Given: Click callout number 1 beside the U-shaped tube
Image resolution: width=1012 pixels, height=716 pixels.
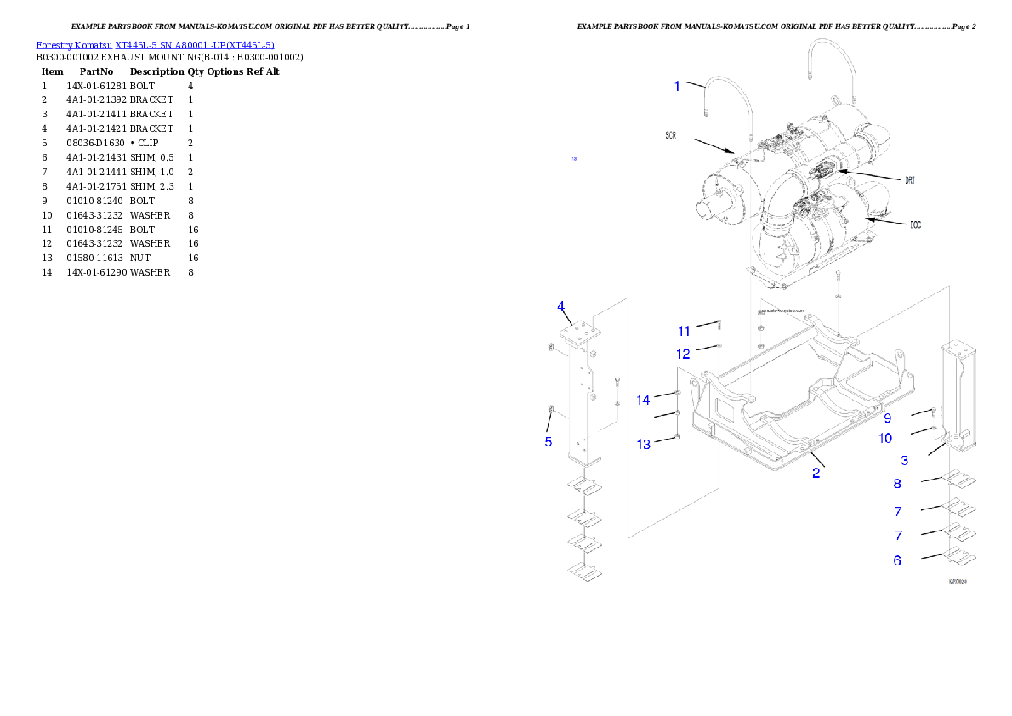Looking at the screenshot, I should tap(677, 86).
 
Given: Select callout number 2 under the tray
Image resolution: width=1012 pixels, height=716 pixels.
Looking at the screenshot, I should tap(816, 473).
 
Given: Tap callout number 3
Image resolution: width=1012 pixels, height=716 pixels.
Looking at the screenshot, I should tap(905, 460).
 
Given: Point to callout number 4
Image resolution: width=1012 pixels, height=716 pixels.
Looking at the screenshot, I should tap(561, 306).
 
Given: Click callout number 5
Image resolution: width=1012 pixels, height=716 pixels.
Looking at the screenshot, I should tap(549, 441).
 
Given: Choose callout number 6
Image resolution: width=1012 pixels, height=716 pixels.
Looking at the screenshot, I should tap(897, 560).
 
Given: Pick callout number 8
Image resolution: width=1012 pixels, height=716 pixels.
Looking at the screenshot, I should tap(897, 484).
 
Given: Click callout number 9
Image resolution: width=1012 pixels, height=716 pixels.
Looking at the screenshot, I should tap(887, 418).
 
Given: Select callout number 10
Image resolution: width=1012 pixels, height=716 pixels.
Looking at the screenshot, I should tap(885, 438).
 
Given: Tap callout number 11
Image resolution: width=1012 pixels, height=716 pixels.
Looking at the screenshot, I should tap(685, 331).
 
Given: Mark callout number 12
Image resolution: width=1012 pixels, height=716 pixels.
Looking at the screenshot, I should tap(684, 353).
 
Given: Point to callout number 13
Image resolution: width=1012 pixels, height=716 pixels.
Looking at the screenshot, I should tap(644, 444).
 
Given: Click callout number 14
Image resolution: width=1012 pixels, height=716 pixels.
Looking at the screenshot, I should tap(644, 400).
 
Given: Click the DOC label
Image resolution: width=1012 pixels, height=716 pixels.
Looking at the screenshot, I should tap(915, 225).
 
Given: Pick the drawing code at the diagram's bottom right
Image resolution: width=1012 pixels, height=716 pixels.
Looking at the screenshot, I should tap(958, 582).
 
